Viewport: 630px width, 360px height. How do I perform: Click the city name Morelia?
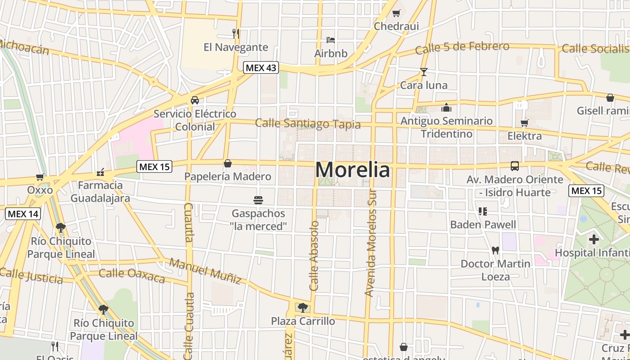point(352,170)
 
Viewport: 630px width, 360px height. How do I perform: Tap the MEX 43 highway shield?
point(261,68)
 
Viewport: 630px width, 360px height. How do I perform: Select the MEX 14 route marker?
point(23,214)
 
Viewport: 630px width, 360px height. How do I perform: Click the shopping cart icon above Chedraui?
point(396,13)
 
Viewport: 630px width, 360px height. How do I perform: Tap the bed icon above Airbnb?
point(331,40)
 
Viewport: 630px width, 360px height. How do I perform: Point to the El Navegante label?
point(235,47)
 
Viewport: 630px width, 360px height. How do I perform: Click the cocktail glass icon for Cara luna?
point(423,72)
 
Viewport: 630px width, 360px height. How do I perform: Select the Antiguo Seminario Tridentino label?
point(446,127)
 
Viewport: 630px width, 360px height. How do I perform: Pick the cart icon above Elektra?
point(524,123)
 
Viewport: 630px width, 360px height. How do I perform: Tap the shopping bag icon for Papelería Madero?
point(228,163)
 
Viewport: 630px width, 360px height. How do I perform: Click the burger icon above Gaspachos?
point(258,200)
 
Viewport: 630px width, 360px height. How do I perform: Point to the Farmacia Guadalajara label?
point(100,192)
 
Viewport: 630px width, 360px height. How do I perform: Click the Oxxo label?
point(40,190)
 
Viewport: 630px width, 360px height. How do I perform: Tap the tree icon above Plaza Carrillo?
point(303,308)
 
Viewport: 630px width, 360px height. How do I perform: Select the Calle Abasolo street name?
point(314,255)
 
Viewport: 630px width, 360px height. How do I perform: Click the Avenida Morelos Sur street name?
point(370,245)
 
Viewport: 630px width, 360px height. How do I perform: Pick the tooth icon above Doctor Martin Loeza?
point(495,250)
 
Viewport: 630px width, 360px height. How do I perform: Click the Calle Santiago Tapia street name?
point(308,124)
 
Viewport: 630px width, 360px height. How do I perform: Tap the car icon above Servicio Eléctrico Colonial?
point(195,100)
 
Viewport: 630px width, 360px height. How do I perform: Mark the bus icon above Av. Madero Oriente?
point(515,166)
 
